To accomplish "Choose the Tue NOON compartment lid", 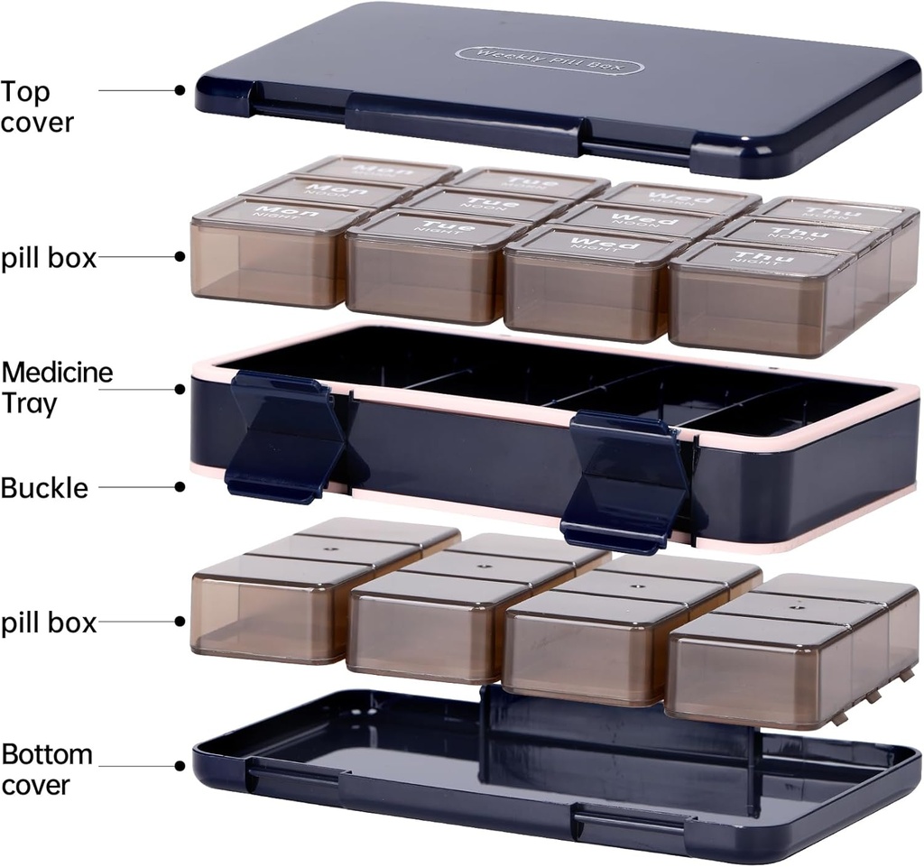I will point(479,203).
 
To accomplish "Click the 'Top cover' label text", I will point(37,106).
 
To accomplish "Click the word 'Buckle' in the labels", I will point(45,488).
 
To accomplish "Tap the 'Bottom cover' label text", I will point(47,769).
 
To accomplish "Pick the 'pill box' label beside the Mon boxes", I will point(49,259).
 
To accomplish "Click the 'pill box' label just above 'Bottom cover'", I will point(49,623).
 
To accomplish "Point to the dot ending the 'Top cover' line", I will point(180,90).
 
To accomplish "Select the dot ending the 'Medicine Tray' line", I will point(180,389).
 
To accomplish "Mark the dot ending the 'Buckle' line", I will point(180,486).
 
